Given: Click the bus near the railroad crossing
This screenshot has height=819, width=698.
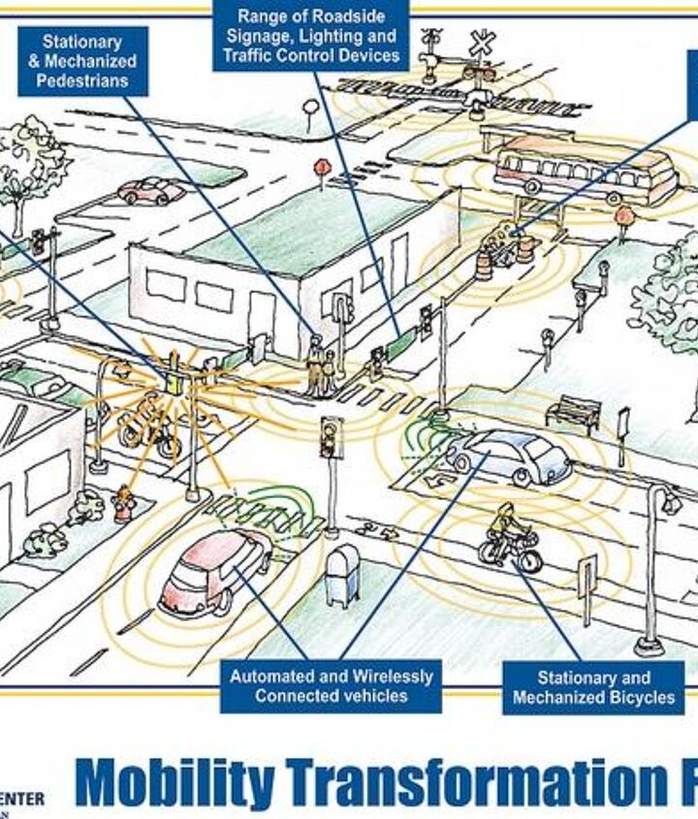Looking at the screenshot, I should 585,172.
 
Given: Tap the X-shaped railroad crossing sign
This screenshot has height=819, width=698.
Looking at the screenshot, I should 482,44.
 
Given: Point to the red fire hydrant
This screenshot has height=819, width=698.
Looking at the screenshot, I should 123,504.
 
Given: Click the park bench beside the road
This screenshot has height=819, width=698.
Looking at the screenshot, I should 573,413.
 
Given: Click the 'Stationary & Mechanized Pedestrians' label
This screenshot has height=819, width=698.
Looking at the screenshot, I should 82,60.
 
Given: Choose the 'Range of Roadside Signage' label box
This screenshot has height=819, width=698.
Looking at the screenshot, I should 310,36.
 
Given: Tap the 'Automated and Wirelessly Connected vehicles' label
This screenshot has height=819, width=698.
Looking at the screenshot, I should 331,686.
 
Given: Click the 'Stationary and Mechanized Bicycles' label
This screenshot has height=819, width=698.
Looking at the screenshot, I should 593,687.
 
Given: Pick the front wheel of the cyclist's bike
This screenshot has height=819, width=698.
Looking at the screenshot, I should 529,560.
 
